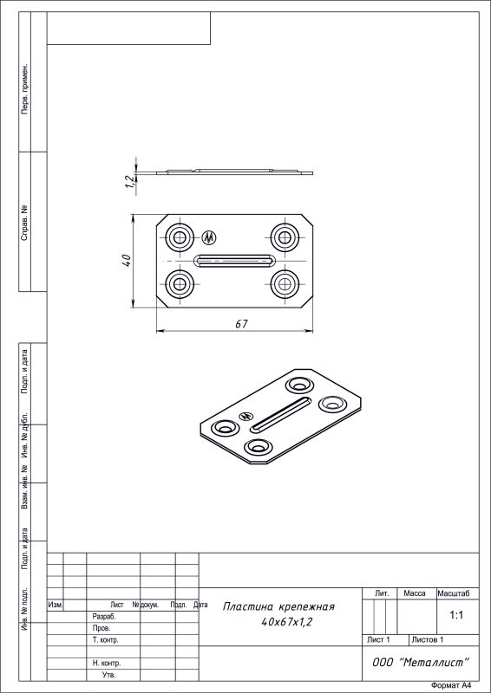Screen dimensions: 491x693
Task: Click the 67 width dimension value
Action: pos(241,323)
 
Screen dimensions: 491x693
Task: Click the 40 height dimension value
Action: pos(126,260)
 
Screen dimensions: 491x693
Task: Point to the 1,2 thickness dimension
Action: pos(129,182)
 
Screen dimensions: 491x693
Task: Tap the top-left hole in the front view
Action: pos(180,237)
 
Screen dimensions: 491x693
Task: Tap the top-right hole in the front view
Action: pos(285,237)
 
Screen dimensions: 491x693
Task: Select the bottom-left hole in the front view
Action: pos(180,283)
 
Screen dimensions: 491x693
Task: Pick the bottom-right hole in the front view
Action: pos(285,283)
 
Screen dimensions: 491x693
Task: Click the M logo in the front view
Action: pos(209,237)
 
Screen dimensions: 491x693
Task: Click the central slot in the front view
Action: pos(234,261)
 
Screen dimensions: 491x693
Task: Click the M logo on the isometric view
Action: pos(245,417)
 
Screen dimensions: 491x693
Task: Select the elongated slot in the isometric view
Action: pos(281,414)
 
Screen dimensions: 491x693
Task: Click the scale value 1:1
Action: pos(457,615)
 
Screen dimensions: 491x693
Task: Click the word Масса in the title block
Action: pos(415,593)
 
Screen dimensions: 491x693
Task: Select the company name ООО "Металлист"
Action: pos(421,663)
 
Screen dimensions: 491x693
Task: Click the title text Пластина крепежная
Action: pos(278,607)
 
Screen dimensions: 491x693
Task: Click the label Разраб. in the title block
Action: pos(104,617)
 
